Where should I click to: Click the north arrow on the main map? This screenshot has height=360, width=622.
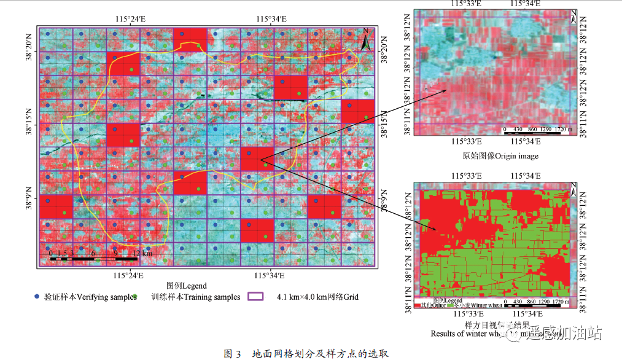tap(365, 41)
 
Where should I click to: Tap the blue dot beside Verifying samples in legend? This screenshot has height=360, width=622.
tap(38, 296)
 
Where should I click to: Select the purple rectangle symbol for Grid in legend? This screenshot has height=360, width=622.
tap(255, 296)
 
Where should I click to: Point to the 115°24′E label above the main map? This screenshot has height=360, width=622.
tap(130, 19)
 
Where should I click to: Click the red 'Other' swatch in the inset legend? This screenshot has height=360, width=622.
tap(418, 304)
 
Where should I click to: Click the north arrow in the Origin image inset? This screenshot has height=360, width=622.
tap(573, 17)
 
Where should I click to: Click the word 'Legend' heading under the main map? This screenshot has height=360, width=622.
tap(187, 286)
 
